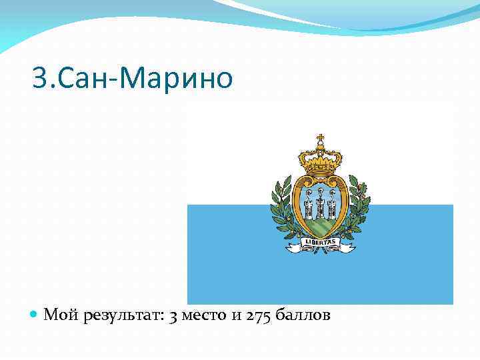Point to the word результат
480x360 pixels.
(122, 315)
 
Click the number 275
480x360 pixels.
(259, 315)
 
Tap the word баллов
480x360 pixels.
(303, 315)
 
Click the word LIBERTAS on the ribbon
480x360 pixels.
(320, 241)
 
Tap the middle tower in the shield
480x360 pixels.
(320, 200)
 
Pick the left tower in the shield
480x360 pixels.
(309, 201)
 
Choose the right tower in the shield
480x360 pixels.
(331, 201)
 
